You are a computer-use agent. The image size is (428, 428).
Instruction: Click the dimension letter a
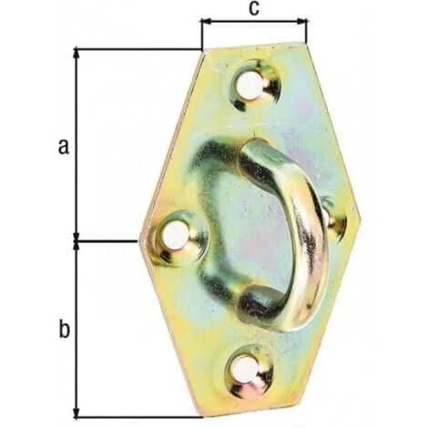(x=64, y=147)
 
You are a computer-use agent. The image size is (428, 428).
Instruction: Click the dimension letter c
(x=254, y=8)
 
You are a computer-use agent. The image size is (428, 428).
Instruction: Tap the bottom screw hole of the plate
(x=245, y=369)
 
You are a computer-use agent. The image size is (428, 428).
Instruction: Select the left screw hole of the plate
(x=176, y=235)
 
